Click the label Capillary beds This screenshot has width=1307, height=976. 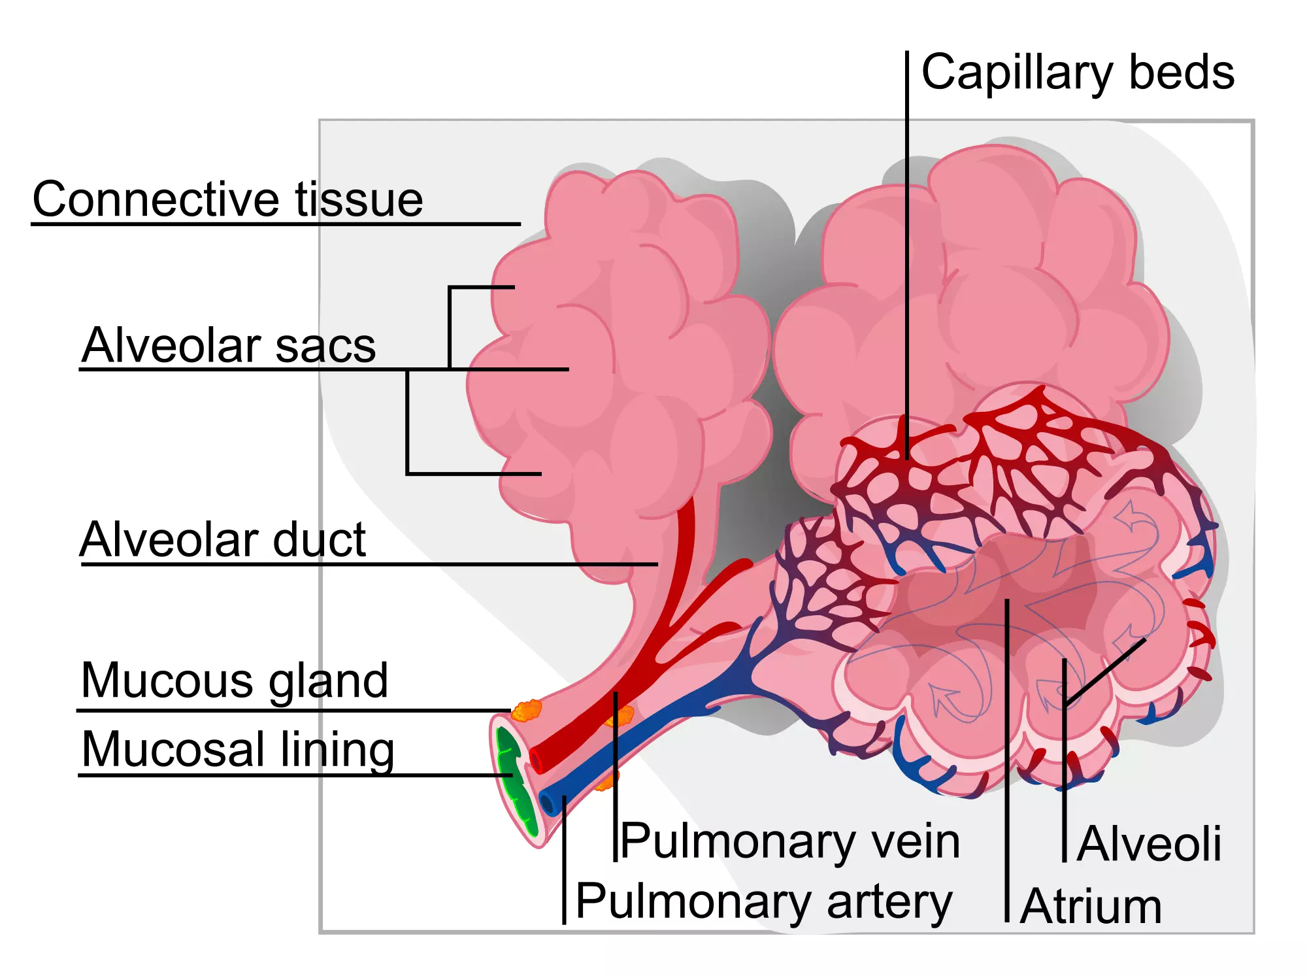[x=1077, y=73]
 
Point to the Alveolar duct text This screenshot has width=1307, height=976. [x=222, y=540]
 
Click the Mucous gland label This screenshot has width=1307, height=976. [x=234, y=681]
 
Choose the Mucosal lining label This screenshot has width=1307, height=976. [x=238, y=750]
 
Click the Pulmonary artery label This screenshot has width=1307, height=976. [x=764, y=901]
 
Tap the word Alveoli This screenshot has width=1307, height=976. [x=1149, y=844]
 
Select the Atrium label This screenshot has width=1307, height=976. [x=1091, y=907]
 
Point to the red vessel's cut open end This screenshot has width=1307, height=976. [x=537, y=760]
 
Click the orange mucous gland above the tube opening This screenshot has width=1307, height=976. [x=527, y=711]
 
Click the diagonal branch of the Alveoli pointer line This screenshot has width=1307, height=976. [x=1106, y=671]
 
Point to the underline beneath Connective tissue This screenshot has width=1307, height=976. [x=274, y=224]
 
